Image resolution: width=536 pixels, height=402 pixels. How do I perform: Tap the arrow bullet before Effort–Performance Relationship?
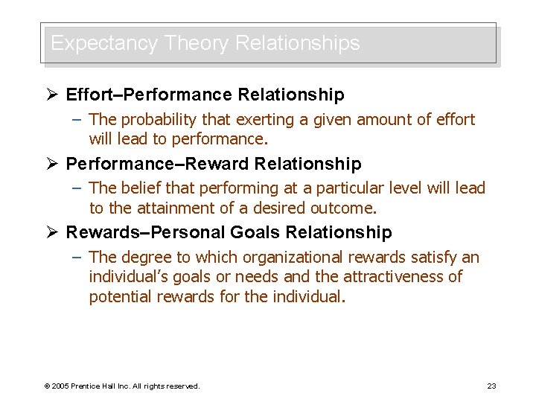[52, 95]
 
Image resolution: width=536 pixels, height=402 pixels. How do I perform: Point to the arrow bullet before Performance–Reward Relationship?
[52, 164]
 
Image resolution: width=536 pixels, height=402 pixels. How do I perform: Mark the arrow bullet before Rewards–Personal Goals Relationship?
[52, 233]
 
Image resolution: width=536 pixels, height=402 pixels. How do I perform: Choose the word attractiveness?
[403, 277]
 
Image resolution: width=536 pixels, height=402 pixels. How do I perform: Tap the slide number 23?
[491, 386]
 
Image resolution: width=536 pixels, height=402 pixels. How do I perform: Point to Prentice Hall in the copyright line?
[106, 386]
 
